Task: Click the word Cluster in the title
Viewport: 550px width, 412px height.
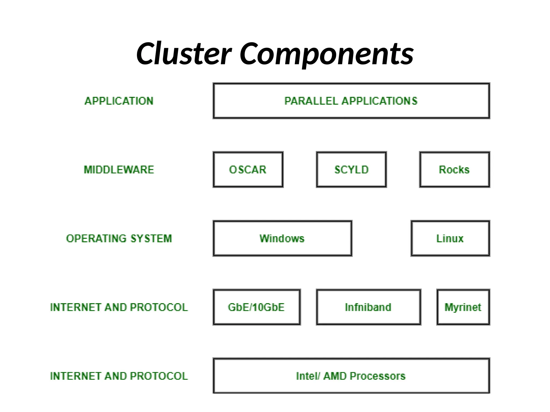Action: tap(184, 54)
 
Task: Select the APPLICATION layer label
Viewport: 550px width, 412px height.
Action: tap(119, 101)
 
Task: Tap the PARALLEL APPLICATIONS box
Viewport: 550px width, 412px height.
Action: tap(351, 101)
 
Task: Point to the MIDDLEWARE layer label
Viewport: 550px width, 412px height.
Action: tap(119, 170)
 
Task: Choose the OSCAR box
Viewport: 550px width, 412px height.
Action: tap(248, 170)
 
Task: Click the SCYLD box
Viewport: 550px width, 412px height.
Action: tap(351, 170)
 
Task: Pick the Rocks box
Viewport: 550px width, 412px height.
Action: tap(454, 170)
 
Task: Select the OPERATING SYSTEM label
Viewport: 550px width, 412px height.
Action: tap(119, 238)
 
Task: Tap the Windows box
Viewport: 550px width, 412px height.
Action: tap(282, 238)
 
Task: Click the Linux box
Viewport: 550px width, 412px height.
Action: tap(450, 238)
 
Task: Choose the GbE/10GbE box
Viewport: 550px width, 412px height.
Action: tap(256, 307)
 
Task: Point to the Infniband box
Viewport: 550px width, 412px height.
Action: tap(368, 307)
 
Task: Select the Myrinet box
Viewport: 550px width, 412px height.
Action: tap(463, 307)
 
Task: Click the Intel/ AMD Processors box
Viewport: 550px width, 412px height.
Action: tap(351, 376)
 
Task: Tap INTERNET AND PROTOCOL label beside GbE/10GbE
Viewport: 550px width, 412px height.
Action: tap(119, 307)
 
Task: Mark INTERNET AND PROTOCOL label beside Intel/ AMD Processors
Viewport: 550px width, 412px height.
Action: tap(119, 376)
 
